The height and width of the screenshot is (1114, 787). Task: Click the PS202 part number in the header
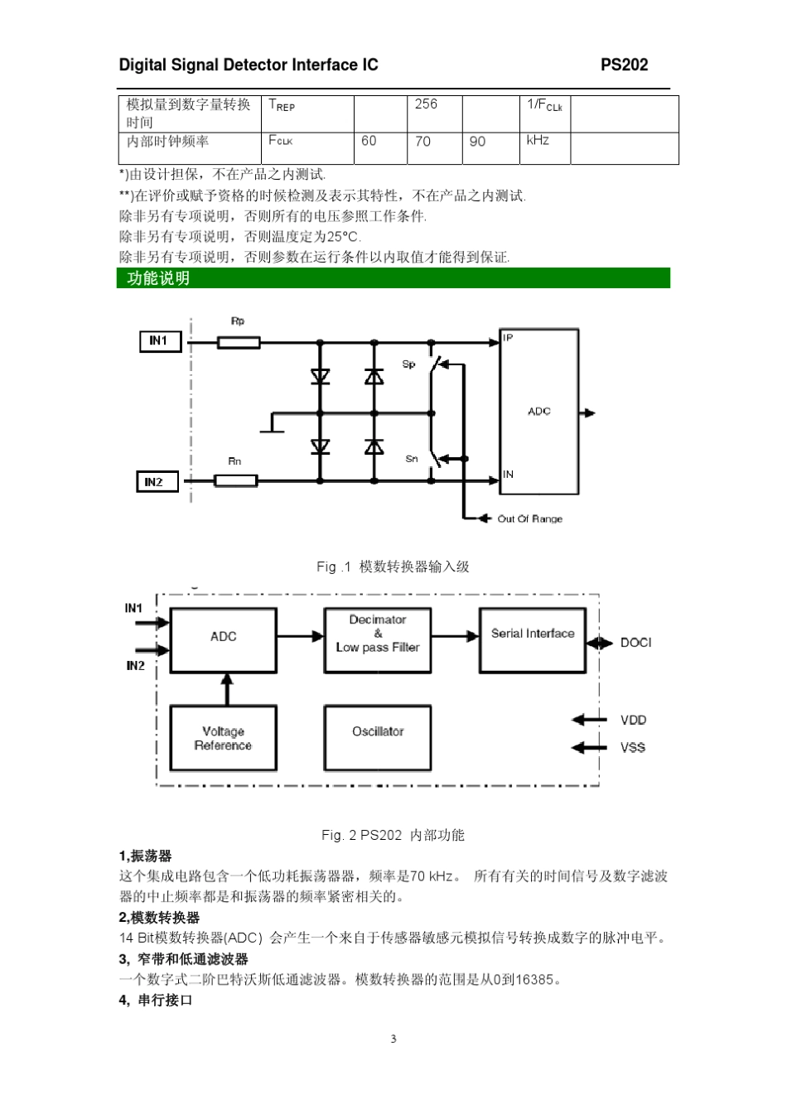(624, 65)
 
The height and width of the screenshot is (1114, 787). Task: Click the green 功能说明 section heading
(158, 278)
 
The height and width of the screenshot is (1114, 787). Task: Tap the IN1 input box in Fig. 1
(160, 340)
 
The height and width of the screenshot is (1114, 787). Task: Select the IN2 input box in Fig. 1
(157, 481)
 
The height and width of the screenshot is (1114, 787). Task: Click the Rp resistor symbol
(239, 342)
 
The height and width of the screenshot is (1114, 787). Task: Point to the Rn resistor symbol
(236, 480)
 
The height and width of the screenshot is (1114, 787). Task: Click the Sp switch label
(408, 364)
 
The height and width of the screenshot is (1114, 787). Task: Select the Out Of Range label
(529, 519)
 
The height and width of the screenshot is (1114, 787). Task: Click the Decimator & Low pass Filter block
(378, 640)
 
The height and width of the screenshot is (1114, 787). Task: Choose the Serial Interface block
(532, 640)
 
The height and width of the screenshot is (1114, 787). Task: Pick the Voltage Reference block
(223, 738)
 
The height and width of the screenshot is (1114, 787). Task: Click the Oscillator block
(378, 737)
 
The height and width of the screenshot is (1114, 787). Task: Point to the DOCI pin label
(635, 643)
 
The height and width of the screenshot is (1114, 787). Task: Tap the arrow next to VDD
(589, 720)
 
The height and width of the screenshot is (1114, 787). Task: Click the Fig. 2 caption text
(393, 835)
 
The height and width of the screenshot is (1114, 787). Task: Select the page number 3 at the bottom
(393, 1039)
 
